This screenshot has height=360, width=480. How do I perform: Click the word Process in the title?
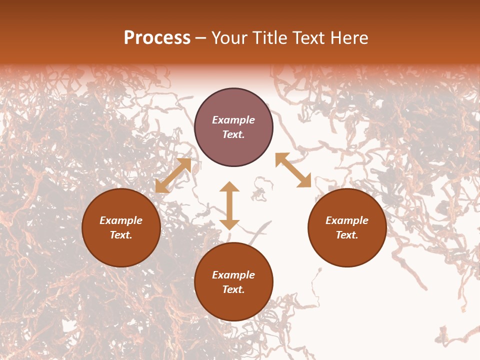tap(157, 38)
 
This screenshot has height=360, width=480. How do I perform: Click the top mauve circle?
tap(233, 108)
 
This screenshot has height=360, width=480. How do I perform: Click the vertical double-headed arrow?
tap(229, 205)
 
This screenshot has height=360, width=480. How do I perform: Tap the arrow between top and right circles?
tap(293, 170)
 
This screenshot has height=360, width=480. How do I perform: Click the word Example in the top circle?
tap(233, 120)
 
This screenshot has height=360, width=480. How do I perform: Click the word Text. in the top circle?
tap(233, 134)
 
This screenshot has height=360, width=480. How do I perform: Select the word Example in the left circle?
tap(121, 220)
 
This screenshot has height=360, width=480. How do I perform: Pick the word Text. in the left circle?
tap(121, 235)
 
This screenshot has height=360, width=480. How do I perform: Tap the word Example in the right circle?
tap(347, 220)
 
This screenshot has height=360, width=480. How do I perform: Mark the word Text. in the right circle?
tap(347, 235)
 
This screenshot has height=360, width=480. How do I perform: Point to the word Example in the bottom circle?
tap(233, 275)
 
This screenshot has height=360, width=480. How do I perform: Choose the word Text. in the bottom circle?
tap(233, 289)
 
